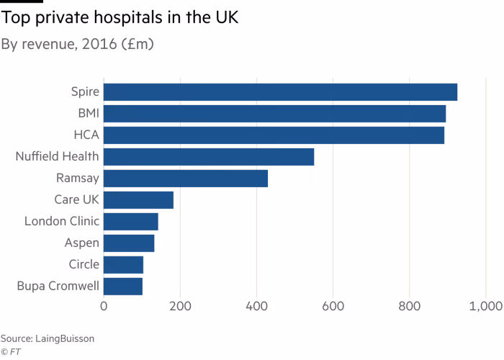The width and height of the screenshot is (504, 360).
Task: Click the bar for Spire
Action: (x=280, y=92)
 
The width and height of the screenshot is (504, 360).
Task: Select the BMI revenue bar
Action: (x=274, y=114)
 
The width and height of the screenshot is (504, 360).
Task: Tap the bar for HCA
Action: (x=274, y=135)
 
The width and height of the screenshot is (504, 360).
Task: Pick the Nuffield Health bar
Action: (x=209, y=157)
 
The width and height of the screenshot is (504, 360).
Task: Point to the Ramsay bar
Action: (x=186, y=179)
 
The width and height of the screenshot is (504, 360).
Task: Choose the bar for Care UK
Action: (x=138, y=200)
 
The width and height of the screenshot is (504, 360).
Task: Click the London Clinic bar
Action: (x=131, y=222)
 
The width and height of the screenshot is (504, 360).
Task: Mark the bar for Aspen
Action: (x=129, y=243)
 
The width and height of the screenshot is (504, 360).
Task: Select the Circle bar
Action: (x=124, y=265)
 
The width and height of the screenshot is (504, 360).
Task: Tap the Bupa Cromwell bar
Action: (x=123, y=287)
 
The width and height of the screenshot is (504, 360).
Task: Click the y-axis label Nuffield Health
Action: (x=57, y=156)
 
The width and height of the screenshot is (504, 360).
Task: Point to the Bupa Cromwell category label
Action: (x=58, y=287)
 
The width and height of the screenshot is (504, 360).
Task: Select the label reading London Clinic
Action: (x=61, y=221)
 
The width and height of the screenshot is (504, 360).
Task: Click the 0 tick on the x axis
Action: (x=104, y=307)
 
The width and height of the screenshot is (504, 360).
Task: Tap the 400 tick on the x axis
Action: (x=257, y=307)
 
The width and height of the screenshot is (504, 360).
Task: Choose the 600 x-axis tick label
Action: (x=333, y=307)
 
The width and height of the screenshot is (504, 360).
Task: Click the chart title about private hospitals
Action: (x=120, y=18)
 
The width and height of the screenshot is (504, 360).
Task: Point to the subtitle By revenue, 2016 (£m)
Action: (x=77, y=44)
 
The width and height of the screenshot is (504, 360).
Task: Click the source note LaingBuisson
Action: (x=47, y=337)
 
